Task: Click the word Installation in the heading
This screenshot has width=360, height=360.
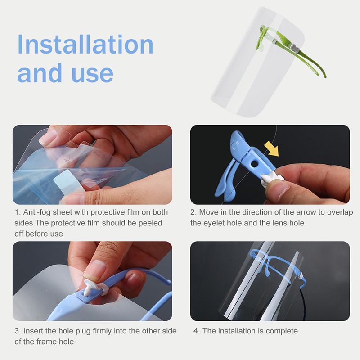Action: click(85, 44)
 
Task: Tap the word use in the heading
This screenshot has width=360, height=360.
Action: click(93, 73)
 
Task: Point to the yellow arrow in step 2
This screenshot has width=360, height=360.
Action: click(272, 148)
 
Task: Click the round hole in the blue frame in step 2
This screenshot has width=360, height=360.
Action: click(254, 164)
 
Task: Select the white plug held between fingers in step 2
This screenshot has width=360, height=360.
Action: click(271, 179)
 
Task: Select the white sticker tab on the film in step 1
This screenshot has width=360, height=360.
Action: click(67, 181)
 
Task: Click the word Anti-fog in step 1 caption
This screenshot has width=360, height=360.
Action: click(37, 212)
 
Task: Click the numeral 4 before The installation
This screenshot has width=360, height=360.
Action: click(195, 331)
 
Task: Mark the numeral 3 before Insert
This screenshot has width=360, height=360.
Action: click(17, 331)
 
